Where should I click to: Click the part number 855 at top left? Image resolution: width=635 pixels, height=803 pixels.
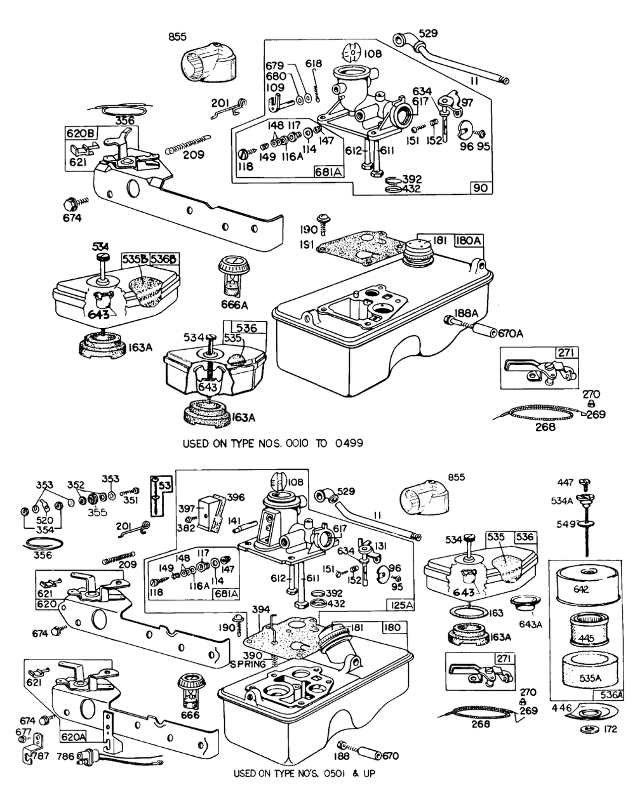tap(177, 37)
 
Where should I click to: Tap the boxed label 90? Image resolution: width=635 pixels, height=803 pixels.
tap(480, 188)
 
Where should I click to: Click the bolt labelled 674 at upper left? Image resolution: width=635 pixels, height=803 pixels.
tap(69, 204)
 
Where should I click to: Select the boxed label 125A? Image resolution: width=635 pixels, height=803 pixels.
tap(401, 604)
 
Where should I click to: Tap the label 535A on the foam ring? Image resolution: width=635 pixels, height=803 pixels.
tap(591, 678)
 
